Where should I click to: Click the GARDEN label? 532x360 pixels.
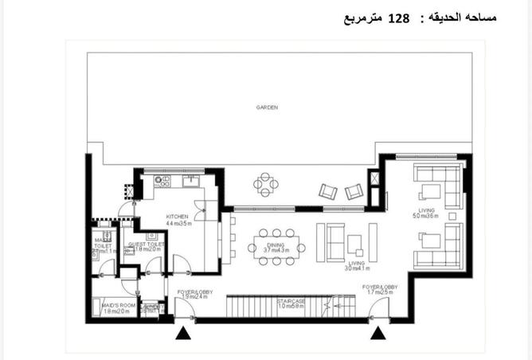267,107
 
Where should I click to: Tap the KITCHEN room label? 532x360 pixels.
176,217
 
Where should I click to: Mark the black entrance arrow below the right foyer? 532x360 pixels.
381,334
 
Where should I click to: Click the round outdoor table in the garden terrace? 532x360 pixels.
266,185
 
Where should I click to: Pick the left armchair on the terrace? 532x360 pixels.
327,191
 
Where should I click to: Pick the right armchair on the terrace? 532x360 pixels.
354,191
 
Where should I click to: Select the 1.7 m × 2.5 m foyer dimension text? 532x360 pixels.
380,292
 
